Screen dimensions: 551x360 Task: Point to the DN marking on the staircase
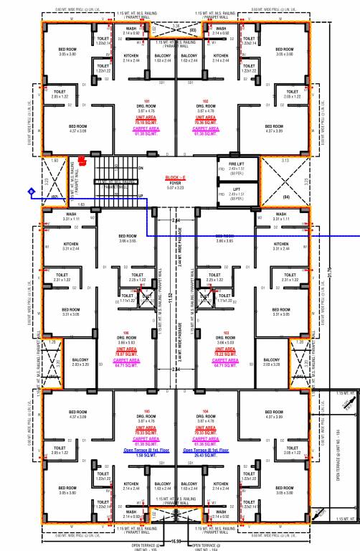tap(141, 168)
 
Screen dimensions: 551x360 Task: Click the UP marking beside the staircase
tap(141, 195)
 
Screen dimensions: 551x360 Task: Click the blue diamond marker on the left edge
tap(32, 191)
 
